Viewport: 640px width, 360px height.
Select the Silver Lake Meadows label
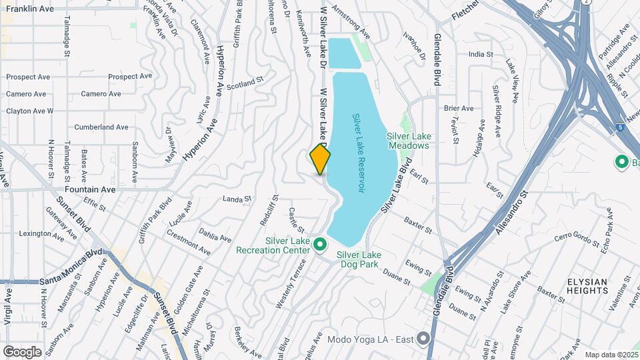[408, 141]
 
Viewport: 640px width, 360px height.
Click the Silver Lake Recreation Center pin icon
[320, 245]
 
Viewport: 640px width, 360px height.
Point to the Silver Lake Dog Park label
[358, 259]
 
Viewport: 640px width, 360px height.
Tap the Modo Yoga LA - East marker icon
[422, 339]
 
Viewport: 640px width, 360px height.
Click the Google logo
[22, 351]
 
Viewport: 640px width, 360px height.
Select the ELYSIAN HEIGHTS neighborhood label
[587, 286]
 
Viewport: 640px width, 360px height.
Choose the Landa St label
[236, 199]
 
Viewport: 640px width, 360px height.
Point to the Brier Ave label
[458, 108]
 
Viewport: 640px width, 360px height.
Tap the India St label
[480, 54]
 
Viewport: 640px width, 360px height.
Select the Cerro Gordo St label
[577, 237]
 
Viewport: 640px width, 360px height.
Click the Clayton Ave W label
[29, 111]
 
